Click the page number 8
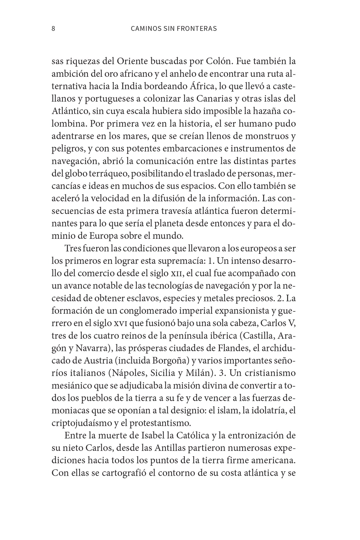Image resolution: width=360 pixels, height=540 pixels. [53, 29]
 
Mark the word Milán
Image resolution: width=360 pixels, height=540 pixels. [201, 373]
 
